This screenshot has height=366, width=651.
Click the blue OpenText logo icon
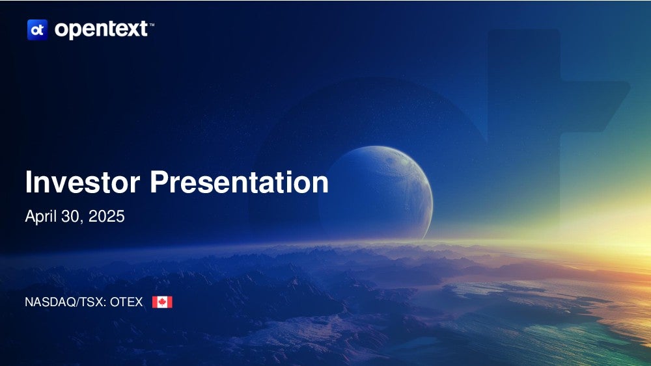point(37,30)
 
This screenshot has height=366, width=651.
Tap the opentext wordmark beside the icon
point(102,30)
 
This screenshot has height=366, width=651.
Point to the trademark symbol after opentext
point(152,25)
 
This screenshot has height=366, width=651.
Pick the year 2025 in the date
point(107,216)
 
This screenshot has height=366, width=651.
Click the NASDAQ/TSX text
point(64,302)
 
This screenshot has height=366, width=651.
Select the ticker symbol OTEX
point(126,302)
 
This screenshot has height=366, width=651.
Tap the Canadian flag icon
point(162,302)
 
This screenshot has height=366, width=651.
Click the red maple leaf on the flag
point(162,302)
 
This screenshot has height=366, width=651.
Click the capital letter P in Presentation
point(159,181)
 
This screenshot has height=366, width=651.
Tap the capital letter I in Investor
point(28,181)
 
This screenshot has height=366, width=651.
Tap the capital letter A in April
point(30,216)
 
